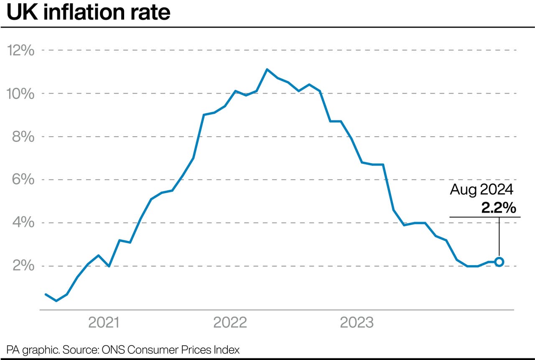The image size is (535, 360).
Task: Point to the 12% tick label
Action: click(20, 51)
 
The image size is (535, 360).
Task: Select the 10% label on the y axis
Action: click(20, 94)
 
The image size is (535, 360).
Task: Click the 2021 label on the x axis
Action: click(104, 323)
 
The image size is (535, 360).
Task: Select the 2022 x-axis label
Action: click(230, 323)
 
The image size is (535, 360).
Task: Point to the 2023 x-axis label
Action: click(356, 323)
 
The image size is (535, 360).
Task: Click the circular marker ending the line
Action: click(499, 262)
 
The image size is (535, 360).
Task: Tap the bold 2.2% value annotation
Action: click(498, 208)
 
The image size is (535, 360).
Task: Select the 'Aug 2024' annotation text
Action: click(481, 190)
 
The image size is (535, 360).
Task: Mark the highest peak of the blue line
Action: click(267, 69)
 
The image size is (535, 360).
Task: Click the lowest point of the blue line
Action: click(56, 301)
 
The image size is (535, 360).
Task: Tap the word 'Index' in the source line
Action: click(228, 350)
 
